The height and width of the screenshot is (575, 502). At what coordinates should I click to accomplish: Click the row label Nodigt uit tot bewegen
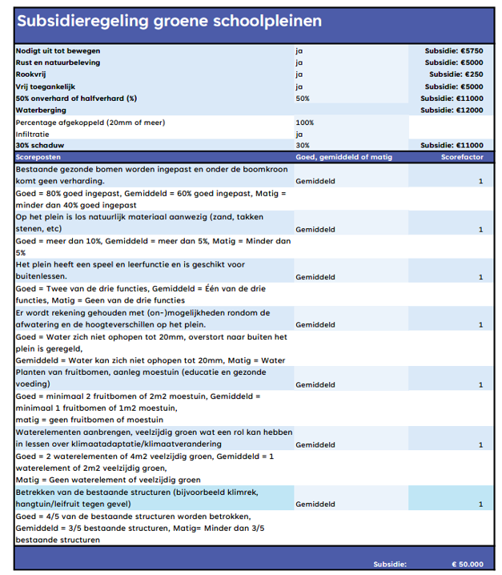(58, 50)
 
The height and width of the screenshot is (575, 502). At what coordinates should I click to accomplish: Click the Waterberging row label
(40, 110)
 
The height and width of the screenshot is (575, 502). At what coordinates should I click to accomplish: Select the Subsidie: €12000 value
(452, 110)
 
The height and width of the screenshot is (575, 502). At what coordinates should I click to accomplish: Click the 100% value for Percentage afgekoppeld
(305, 123)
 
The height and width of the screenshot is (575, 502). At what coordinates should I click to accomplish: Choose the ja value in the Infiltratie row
(299, 135)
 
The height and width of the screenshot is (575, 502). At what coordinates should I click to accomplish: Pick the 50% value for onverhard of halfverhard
(303, 99)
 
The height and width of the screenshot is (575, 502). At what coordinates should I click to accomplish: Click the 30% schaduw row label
(41, 146)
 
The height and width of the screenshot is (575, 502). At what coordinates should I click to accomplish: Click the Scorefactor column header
(462, 158)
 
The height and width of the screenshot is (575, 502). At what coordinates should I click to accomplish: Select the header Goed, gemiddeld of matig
(344, 158)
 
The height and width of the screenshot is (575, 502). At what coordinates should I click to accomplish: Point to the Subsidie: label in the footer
(390, 564)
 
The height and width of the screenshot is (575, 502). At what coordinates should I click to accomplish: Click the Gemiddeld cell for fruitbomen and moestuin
(315, 384)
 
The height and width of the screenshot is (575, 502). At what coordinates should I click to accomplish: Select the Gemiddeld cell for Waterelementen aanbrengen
(315, 444)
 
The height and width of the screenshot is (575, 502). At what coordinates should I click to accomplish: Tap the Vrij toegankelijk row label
(49, 86)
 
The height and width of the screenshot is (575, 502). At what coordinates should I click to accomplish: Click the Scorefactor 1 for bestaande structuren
(480, 505)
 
